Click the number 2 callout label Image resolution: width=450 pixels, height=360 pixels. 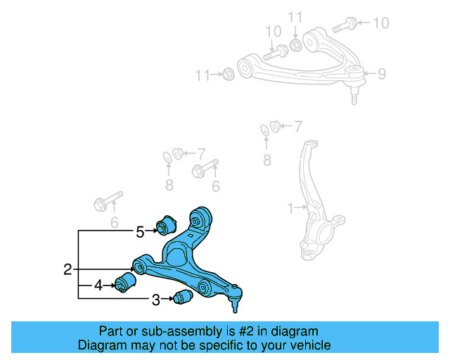67,269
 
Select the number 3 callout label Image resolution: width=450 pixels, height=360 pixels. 155,300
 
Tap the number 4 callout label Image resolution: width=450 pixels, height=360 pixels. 98,285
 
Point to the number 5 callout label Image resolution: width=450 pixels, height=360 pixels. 140,231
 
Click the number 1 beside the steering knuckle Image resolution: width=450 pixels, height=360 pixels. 290,207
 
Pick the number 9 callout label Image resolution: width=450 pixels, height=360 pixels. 382,72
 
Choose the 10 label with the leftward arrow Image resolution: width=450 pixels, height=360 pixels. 380,23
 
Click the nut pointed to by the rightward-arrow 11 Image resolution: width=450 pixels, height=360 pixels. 228,74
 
